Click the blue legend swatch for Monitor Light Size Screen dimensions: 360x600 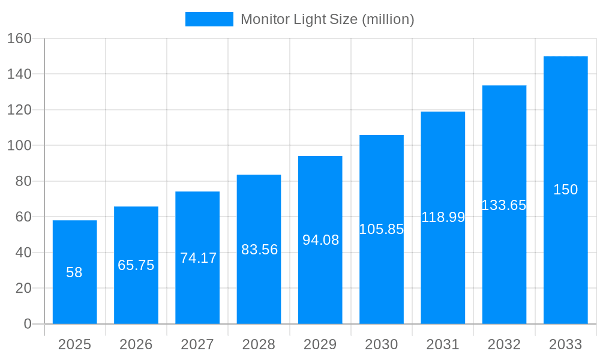[x=209, y=19]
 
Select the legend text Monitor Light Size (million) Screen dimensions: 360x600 [x=327, y=19]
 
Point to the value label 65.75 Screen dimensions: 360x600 [x=136, y=265]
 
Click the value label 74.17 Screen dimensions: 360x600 [x=198, y=258]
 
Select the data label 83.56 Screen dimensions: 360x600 [x=259, y=250]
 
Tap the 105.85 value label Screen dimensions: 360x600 [x=381, y=229]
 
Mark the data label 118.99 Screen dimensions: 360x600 [x=443, y=217]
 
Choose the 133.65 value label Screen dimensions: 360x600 [x=504, y=205]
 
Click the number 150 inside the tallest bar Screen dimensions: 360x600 [x=565, y=190]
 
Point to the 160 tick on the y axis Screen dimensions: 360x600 [x=19, y=38]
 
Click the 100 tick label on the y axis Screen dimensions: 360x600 [x=19, y=145]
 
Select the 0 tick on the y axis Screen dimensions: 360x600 [x=27, y=324]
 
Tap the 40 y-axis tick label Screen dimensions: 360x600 [x=23, y=253]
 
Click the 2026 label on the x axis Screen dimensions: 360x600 [x=136, y=344]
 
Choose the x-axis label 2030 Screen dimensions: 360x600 [x=381, y=344]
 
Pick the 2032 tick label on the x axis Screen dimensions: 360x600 [x=504, y=344]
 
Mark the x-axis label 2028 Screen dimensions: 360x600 [x=259, y=344]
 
